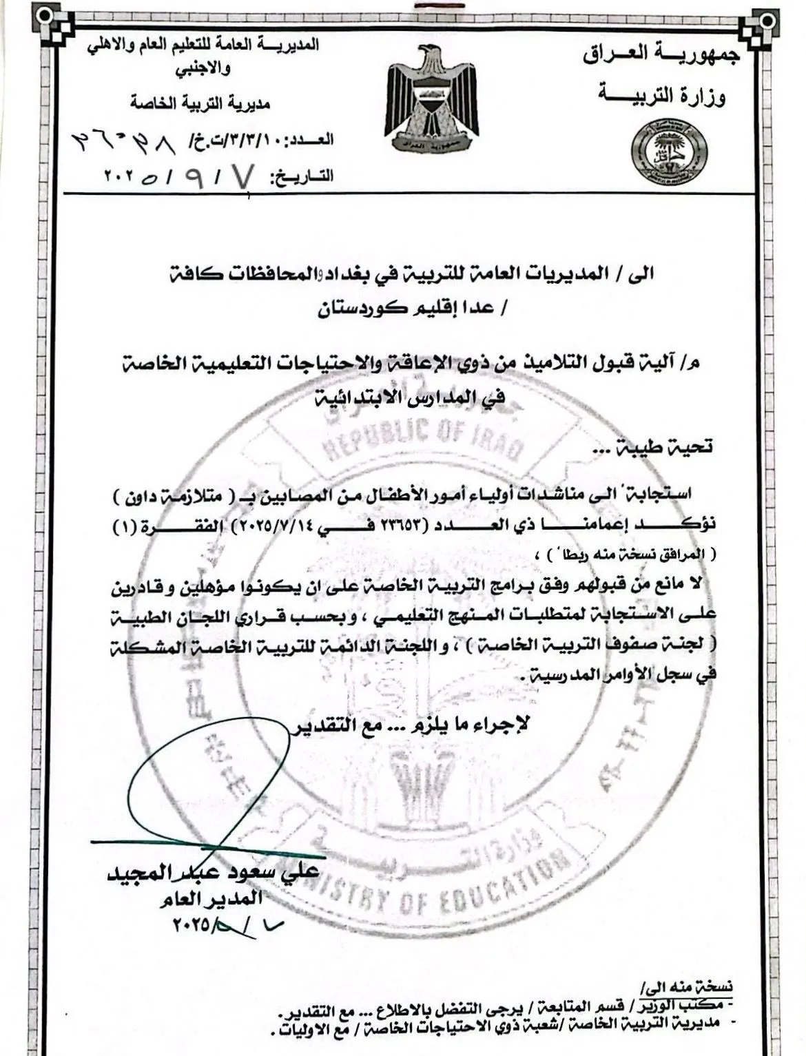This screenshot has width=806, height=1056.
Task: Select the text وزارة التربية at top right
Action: pos(662,96)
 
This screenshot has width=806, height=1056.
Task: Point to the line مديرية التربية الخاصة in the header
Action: pos(200,104)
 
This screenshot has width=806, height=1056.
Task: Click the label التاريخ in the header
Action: pos(303,177)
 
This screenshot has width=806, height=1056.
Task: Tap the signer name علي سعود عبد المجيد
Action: pos(213,873)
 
